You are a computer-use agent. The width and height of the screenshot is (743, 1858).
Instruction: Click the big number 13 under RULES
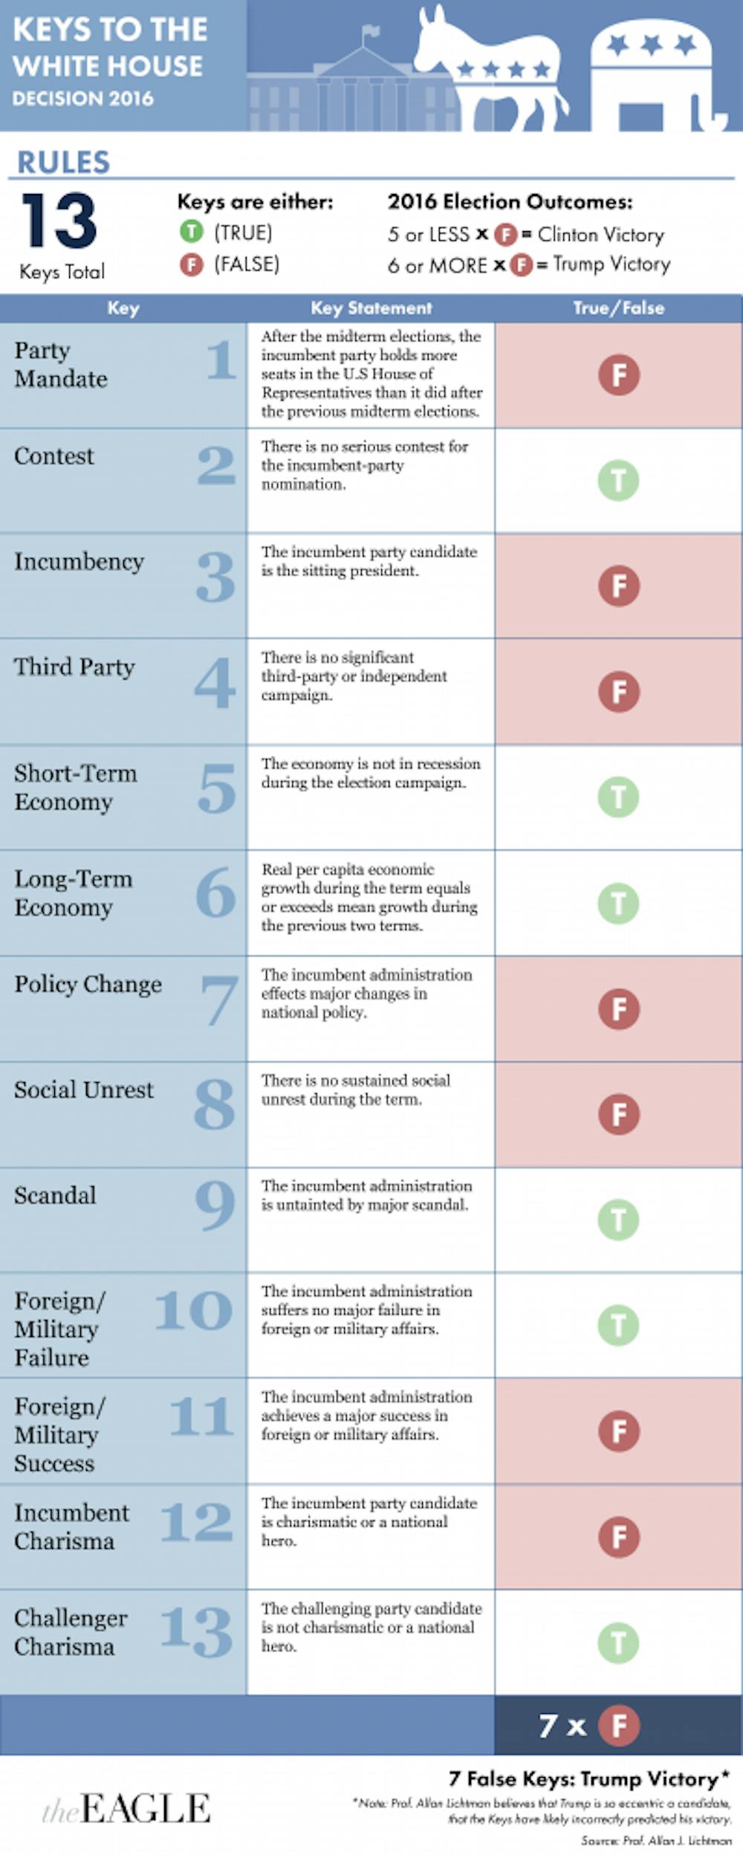[x=59, y=221]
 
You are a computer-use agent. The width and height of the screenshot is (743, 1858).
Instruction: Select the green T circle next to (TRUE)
[x=191, y=233]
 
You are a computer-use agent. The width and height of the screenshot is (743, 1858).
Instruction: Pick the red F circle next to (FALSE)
[x=191, y=265]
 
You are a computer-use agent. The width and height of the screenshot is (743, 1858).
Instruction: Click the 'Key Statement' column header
[x=371, y=308]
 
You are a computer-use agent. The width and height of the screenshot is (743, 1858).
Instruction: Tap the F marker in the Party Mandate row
[x=619, y=375]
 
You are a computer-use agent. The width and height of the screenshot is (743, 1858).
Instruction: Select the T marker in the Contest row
[x=619, y=480]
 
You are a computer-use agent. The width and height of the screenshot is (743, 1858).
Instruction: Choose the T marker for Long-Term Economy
[x=619, y=903]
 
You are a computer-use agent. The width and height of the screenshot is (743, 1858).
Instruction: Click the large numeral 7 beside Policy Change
[x=219, y=1000]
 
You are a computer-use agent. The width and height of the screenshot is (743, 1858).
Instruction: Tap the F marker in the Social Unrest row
[x=619, y=1114]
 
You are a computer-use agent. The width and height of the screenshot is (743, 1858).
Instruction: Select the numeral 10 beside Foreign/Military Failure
[x=194, y=1310]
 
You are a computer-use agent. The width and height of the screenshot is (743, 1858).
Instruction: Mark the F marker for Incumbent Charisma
[x=619, y=1537]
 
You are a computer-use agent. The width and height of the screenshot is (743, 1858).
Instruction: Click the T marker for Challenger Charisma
[x=619, y=1642]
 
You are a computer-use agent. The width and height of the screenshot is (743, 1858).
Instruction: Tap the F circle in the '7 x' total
[x=619, y=1726]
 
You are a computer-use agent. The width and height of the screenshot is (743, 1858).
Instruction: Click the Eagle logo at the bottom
[x=126, y=1808]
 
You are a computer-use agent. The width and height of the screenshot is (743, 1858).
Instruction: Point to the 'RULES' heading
[x=64, y=162]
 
